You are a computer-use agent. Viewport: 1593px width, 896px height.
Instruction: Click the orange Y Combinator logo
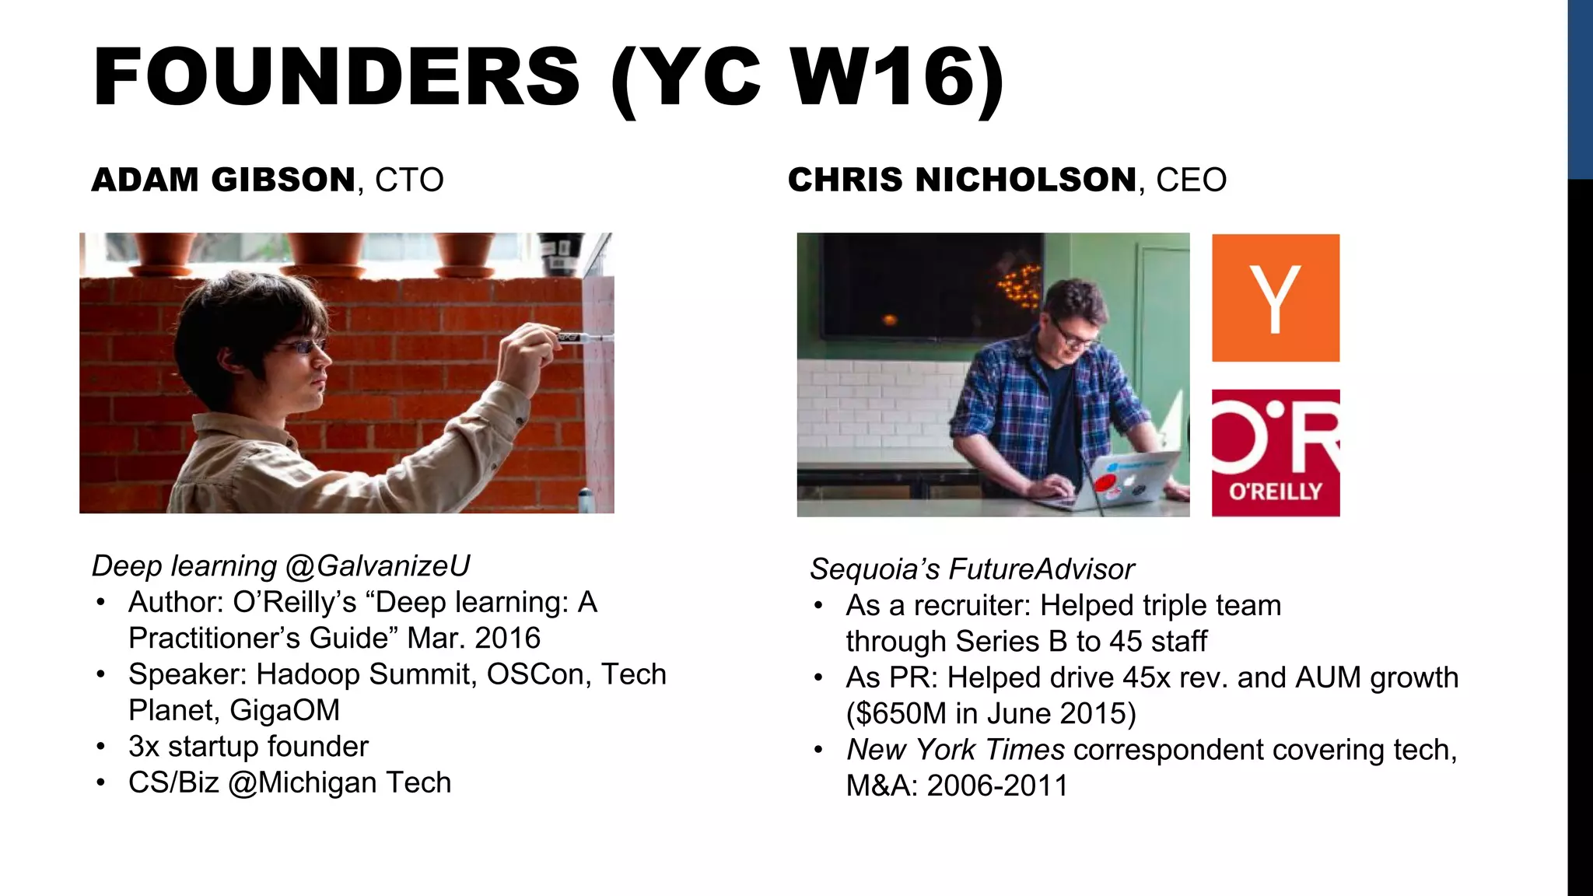point(1275,298)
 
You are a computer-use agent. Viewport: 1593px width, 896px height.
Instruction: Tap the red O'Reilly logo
point(1275,453)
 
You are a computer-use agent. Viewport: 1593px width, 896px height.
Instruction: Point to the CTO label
point(409,180)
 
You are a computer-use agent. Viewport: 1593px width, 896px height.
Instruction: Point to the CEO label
point(1191,180)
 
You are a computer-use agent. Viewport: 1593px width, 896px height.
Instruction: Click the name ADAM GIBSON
point(224,180)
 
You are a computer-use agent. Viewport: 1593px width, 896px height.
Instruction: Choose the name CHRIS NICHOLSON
point(962,180)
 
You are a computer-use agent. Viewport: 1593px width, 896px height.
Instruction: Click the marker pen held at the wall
point(579,338)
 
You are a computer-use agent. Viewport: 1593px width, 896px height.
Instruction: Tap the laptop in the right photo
point(1120,482)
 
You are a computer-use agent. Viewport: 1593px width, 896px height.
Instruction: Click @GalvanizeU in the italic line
point(378,566)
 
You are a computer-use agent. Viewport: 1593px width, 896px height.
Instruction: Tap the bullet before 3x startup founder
point(101,747)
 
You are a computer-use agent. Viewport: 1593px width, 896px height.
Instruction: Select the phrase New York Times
point(955,750)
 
